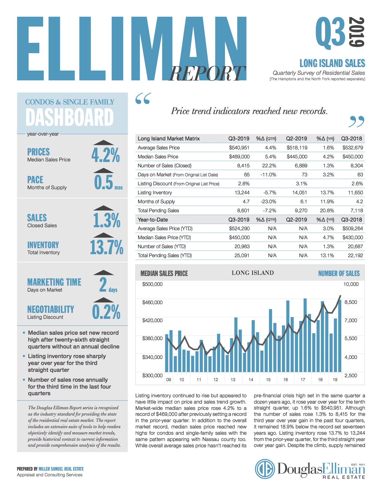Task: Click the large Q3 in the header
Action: click(330, 32)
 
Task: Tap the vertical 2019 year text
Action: click(357, 32)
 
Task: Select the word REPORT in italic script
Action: click(207, 74)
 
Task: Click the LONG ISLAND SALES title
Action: click(332, 63)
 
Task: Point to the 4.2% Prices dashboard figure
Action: click(105, 155)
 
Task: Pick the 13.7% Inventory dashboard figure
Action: click(107, 248)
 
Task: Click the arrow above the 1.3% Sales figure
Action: click(103, 208)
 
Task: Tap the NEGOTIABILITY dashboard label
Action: click(51, 309)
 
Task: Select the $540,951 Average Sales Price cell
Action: click(239, 148)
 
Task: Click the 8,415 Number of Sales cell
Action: click(243, 166)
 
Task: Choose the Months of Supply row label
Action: click(156, 201)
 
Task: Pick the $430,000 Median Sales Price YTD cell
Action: click(353, 237)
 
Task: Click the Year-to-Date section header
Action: click(153, 219)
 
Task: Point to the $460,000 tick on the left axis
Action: click(153, 302)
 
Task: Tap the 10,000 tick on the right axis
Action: click(351, 284)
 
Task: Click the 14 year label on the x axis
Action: click(251, 380)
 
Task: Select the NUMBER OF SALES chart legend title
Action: click(339, 273)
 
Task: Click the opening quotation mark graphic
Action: click(143, 99)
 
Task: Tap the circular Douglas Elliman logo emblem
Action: click(265, 469)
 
